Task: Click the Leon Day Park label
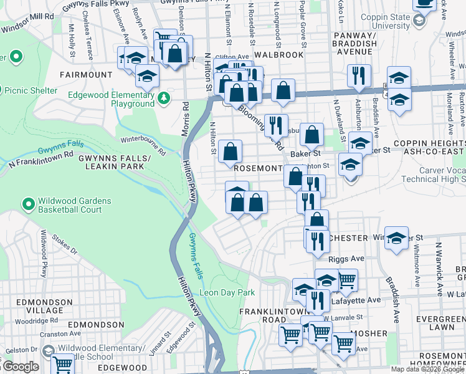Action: [227, 292]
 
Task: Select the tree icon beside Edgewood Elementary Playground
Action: [164, 98]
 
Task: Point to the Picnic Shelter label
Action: [31, 90]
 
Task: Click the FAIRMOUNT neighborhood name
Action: [85, 75]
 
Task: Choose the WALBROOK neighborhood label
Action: [279, 55]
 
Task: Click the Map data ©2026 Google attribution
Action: [427, 369]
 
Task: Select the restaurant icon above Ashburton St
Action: [359, 76]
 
